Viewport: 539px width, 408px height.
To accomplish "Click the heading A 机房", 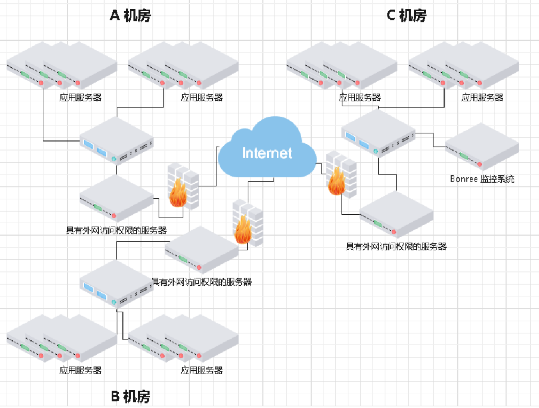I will tap(131, 16).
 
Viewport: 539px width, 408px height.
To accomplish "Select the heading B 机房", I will tap(131, 397).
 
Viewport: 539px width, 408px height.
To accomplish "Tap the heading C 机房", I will tap(406, 16).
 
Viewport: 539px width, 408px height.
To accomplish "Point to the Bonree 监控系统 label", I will tap(482, 179).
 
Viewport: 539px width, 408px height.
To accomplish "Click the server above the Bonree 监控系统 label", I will tap(482, 147).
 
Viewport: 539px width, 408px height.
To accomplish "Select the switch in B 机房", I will tap(116, 284).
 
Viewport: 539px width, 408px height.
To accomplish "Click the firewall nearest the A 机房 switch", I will tap(183, 186).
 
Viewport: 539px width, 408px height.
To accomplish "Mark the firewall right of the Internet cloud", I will tap(341, 174).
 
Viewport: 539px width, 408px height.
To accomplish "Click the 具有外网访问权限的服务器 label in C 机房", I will tap(396, 246).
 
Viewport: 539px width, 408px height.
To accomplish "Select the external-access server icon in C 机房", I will tap(396, 214).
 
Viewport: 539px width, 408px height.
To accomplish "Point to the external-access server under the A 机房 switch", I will tap(116, 198).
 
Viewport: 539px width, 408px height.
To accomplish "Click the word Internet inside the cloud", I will tap(267, 153).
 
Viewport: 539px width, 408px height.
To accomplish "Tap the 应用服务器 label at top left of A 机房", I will tap(80, 97).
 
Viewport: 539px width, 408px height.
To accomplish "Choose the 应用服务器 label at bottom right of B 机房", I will tap(201, 370).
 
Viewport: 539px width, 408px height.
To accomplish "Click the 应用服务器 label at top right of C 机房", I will tap(482, 97).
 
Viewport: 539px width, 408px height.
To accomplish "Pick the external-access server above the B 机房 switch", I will tap(201, 250).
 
